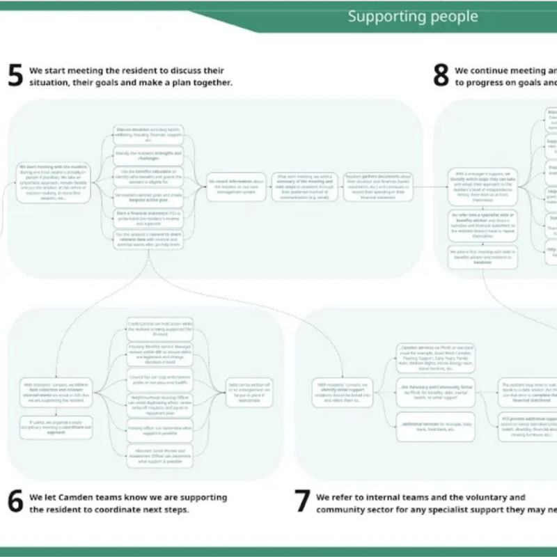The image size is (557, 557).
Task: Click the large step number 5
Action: click(x=15, y=76)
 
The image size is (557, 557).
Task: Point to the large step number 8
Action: click(x=441, y=76)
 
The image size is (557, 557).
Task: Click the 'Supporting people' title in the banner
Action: click(x=413, y=17)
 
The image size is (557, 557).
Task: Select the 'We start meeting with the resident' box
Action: click(x=44, y=182)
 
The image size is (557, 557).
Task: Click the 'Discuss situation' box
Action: click(x=148, y=134)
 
